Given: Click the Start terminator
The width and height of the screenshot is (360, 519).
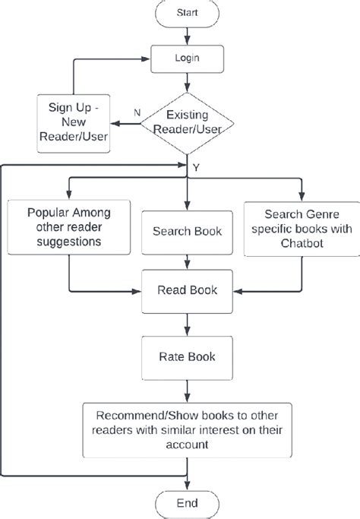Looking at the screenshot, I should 187,13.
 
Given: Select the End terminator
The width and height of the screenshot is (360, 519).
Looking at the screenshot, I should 187,503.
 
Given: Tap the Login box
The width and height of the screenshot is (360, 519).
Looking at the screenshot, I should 187,57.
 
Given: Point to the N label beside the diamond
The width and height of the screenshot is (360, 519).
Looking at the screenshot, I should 137,112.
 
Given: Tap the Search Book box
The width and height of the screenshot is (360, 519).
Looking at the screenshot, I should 187,231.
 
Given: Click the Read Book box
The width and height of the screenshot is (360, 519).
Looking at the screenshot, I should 187,290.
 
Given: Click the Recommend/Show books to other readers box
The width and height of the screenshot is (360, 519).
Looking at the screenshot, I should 187,429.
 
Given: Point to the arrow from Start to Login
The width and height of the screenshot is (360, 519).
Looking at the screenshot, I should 187,35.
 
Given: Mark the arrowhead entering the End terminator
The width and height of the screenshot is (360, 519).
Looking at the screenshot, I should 187,485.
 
